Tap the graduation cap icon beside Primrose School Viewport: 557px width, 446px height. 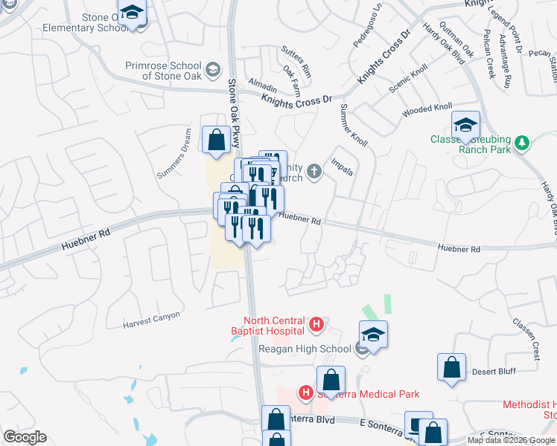click(x=213, y=69)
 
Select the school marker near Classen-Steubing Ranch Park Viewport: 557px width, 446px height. click(x=465, y=125)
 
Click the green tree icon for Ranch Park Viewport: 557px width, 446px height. click(x=523, y=141)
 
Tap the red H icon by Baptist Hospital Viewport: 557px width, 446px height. click(x=316, y=324)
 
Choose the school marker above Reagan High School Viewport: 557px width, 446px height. click(x=373, y=334)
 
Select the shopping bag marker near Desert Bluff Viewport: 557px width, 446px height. click(x=451, y=367)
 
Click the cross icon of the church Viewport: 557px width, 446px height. click(x=314, y=172)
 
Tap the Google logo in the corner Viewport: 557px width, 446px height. click(x=25, y=437)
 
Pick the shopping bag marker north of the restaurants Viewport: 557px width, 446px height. click(x=216, y=140)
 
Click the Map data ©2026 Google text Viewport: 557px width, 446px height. click(x=512, y=440)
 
